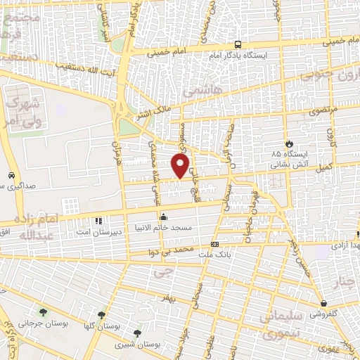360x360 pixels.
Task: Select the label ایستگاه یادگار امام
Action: [x=238, y=54]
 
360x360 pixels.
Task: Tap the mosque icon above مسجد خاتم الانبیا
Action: [x=164, y=217]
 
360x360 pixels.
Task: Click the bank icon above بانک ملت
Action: [x=214, y=244]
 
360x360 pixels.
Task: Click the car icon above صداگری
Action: [x=11, y=175]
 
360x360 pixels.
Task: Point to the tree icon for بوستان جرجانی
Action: [x=44, y=312]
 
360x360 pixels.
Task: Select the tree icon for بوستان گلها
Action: [x=102, y=314]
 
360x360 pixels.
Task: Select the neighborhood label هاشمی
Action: [x=198, y=91]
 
